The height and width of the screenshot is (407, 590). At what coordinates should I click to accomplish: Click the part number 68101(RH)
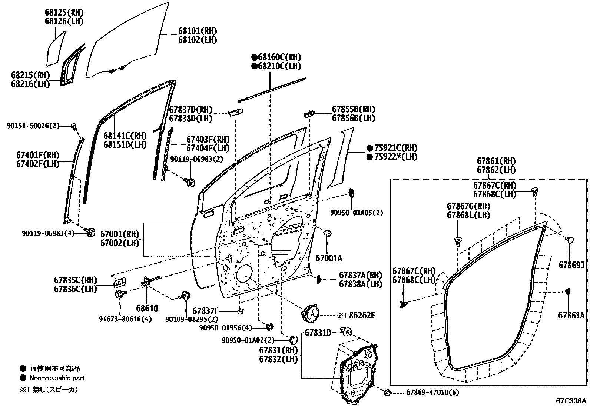click(x=197, y=31)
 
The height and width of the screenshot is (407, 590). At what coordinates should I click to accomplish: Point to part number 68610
click(x=147, y=308)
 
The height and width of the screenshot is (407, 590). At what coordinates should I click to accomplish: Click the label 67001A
click(x=329, y=258)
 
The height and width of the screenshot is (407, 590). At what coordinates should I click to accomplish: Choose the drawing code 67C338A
click(x=571, y=401)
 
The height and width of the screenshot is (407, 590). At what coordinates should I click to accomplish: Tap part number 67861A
click(x=571, y=315)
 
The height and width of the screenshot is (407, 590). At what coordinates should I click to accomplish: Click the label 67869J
click(x=571, y=265)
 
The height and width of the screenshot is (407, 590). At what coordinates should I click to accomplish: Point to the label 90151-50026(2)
click(x=33, y=126)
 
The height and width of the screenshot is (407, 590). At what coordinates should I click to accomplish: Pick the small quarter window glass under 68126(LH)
click(x=56, y=49)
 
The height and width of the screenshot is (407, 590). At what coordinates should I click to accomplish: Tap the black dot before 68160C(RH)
click(x=254, y=57)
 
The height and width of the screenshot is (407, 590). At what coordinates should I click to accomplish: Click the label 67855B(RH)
click(x=353, y=110)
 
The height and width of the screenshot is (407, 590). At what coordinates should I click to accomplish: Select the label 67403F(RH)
click(x=208, y=140)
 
